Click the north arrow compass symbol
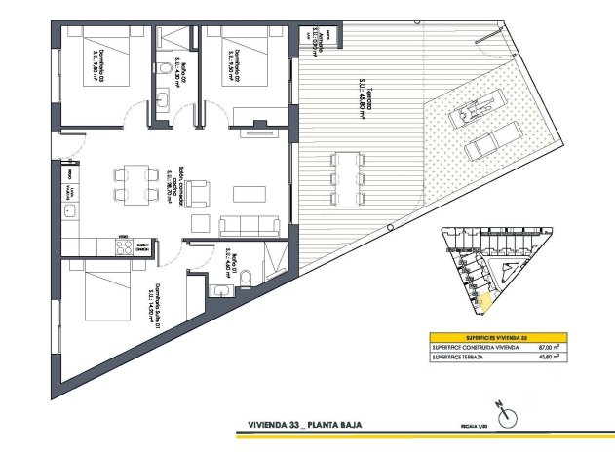(x=506, y=418)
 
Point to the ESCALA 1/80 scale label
(x=474, y=426)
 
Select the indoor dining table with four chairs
(x=135, y=182)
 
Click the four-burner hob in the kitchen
(x=125, y=246)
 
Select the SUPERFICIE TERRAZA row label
(x=464, y=358)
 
